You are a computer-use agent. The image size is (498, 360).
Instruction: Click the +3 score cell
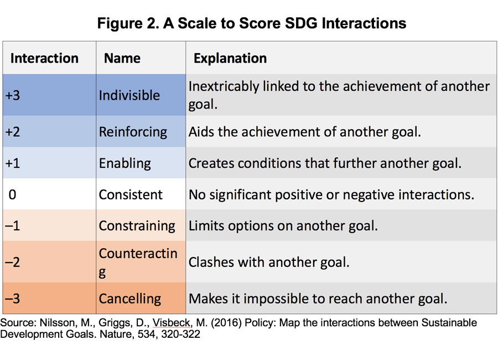(x=49, y=95)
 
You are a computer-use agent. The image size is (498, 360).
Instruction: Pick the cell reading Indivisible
(x=141, y=95)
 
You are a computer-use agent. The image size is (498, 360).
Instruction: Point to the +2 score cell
(x=49, y=131)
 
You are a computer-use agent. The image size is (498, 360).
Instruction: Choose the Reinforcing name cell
(x=141, y=131)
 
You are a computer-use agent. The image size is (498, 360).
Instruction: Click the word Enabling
(x=125, y=163)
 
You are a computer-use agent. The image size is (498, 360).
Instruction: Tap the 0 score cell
(x=49, y=194)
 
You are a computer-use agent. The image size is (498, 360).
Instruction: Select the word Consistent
(x=131, y=194)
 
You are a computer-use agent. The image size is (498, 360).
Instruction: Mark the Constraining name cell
(x=141, y=225)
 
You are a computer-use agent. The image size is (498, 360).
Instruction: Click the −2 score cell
(x=49, y=262)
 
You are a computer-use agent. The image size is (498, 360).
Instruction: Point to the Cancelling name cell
(x=141, y=299)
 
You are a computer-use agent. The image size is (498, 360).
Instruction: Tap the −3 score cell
(x=49, y=299)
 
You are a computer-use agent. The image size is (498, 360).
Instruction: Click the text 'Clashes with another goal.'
(x=269, y=263)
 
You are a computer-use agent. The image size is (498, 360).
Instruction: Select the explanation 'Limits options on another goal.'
(x=283, y=226)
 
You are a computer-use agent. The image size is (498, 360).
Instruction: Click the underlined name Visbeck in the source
(x=171, y=323)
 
